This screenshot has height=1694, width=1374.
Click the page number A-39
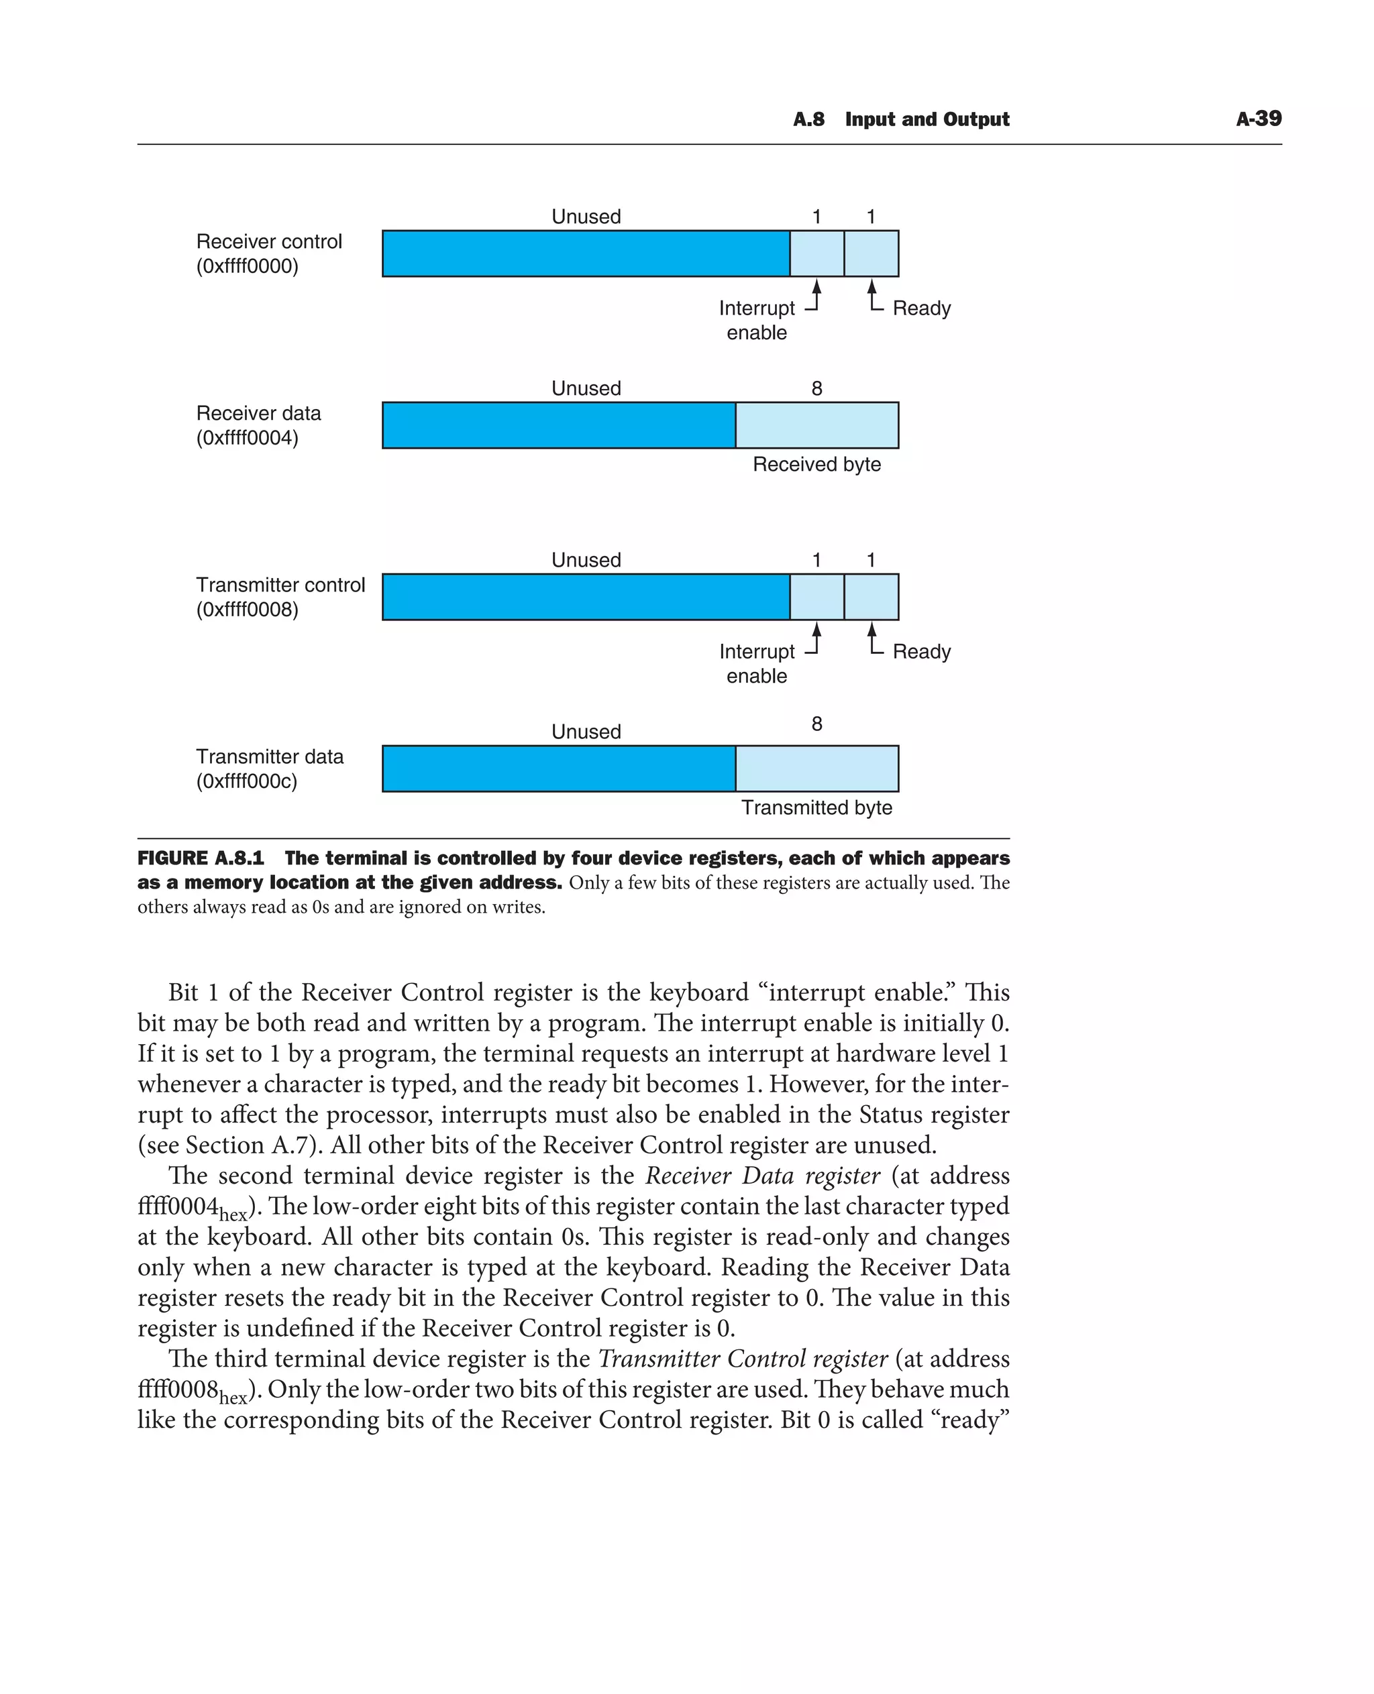click(1259, 119)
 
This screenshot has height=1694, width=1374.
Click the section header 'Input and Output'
click(927, 119)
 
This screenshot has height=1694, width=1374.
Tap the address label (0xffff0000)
click(247, 266)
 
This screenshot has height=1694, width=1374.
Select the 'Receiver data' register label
click(258, 413)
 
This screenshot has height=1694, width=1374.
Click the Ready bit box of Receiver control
click(871, 253)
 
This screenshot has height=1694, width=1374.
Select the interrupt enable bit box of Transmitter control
click(816, 597)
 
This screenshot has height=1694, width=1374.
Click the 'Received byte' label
click(816, 465)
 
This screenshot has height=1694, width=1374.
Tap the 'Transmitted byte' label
click(816, 808)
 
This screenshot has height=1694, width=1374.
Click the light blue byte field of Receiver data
click(816, 425)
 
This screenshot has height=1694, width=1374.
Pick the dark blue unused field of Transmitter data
click(558, 769)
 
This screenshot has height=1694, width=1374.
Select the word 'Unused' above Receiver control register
click(586, 216)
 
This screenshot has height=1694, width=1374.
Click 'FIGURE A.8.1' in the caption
click(200, 858)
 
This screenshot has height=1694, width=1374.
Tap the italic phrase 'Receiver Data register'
click(762, 1175)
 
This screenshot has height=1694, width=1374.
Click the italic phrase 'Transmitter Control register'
click(743, 1358)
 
